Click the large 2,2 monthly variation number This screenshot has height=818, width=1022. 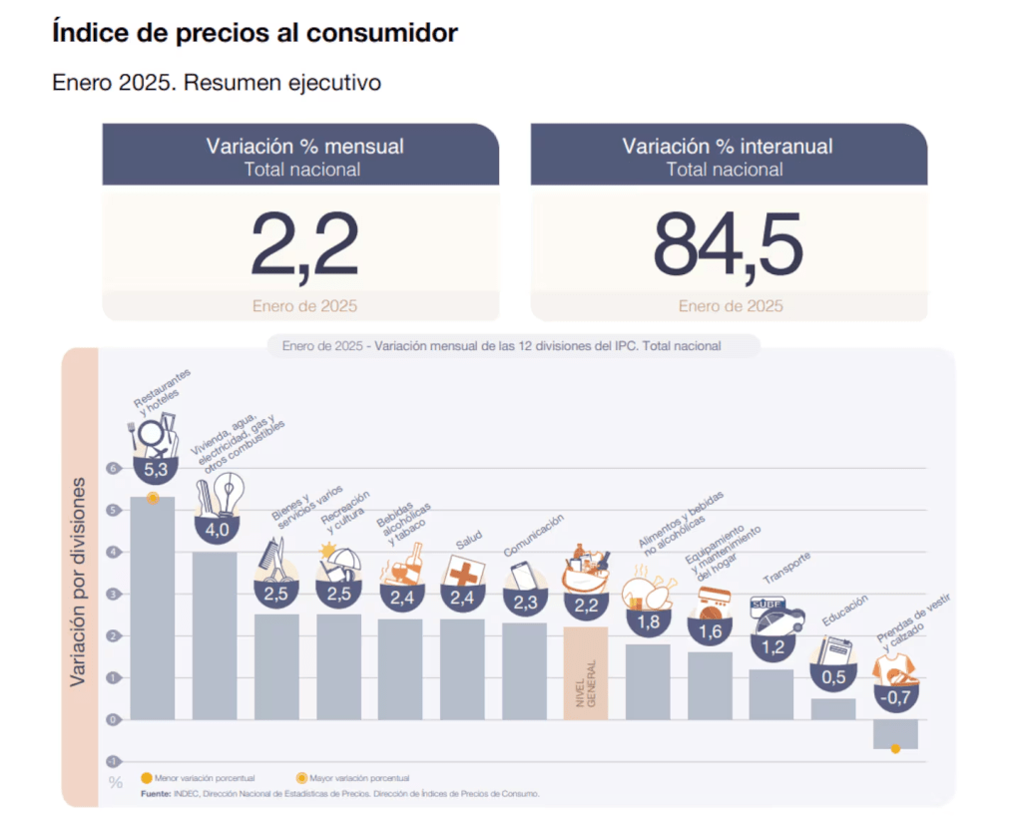tap(303, 244)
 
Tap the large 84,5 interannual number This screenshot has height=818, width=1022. tap(728, 244)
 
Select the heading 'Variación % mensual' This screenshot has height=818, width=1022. tap(304, 147)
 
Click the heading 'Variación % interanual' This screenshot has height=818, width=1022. tap(728, 147)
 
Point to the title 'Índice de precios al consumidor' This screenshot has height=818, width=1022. tap(255, 33)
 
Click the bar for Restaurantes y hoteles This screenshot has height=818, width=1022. tap(153, 609)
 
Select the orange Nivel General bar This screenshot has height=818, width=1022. tap(586, 672)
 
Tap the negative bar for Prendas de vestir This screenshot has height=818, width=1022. tap(894, 732)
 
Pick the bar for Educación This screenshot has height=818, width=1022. tap(833, 708)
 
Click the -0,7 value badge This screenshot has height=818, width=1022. tap(895, 695)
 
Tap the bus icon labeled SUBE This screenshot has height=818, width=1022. tap(773, 613)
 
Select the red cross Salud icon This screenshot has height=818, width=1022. tap(463, 571)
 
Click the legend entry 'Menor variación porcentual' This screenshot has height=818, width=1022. tap(199, 777)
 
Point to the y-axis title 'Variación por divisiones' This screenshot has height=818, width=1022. tap(78, 583)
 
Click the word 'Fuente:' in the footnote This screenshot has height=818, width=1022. tap(155, 794)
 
